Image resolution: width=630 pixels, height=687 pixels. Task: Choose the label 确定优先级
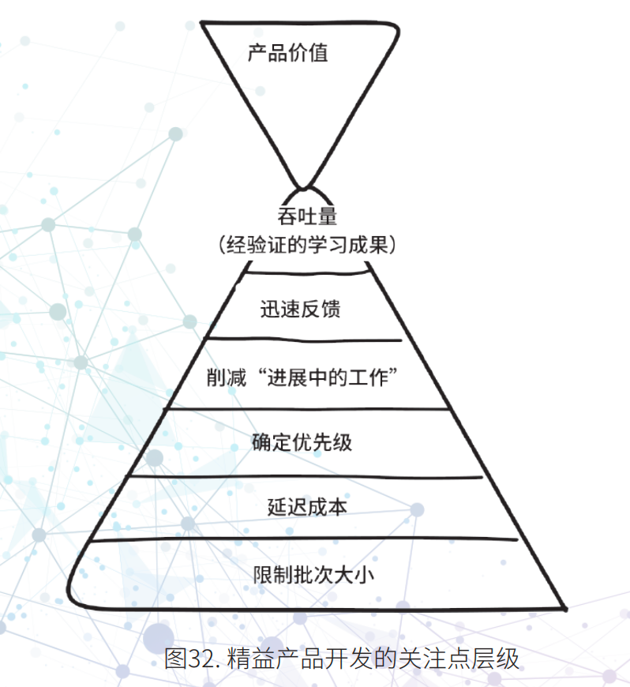coord(302,441)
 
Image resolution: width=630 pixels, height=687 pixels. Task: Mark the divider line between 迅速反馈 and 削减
coord(303,340)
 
